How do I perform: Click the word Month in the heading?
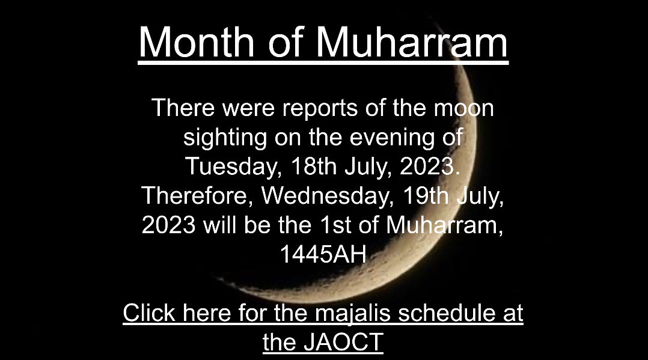pyautogui.click(x=197, y=41)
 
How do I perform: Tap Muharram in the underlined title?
pyautogui.click(x=412, y=41)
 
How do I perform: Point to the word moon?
pyautogui.click(x=463, y=108)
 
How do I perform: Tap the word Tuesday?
pyautogui.click(x=233, y=167)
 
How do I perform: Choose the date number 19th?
pyautogui.click(x=426, y=195)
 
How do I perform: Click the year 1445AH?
pyautogui.click(x=323, y=254)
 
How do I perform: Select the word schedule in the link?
pyautogui.click(x=446, y=313)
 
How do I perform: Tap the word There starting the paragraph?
pyautogui.click(x=183, y=108)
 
